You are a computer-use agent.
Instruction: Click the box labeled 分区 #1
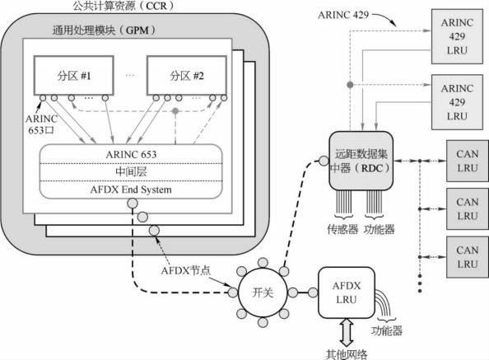click(x=73, y=76)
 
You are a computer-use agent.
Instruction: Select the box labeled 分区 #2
click(x=187, y=76)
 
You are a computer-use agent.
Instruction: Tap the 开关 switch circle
click(x=263, y=292)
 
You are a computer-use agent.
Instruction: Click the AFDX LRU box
click(x=346, y=292)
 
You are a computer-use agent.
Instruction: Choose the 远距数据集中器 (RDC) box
click(x=361, y=161)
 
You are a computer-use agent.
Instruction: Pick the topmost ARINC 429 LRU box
click(x=457, y=36)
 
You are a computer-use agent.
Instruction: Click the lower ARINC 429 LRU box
click(x=457, y=102)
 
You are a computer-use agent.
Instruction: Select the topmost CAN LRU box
click(x=467, y=161)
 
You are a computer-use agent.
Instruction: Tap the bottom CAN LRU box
click(x=467, y=257)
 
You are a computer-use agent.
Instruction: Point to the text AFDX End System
click(x=131, y=189)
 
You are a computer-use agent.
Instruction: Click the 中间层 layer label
click(x=131, y=171)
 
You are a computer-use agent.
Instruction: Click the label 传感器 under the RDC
click(x=342, y=229)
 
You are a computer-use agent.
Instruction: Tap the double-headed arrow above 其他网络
click(x=347, y=333)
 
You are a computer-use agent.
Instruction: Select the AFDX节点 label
click(x=186, y=270)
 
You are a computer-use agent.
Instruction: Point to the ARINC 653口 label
click(x=41, y=124)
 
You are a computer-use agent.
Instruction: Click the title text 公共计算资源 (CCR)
click(x=123, y=6)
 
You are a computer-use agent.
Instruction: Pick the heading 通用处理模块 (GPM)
click(x=104, y=30)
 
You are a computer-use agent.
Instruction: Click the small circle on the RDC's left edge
click(x=324, y=161)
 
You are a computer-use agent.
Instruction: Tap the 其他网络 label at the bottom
click(x=347, y=354)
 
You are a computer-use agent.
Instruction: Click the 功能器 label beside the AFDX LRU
click(x=386, y=330)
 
